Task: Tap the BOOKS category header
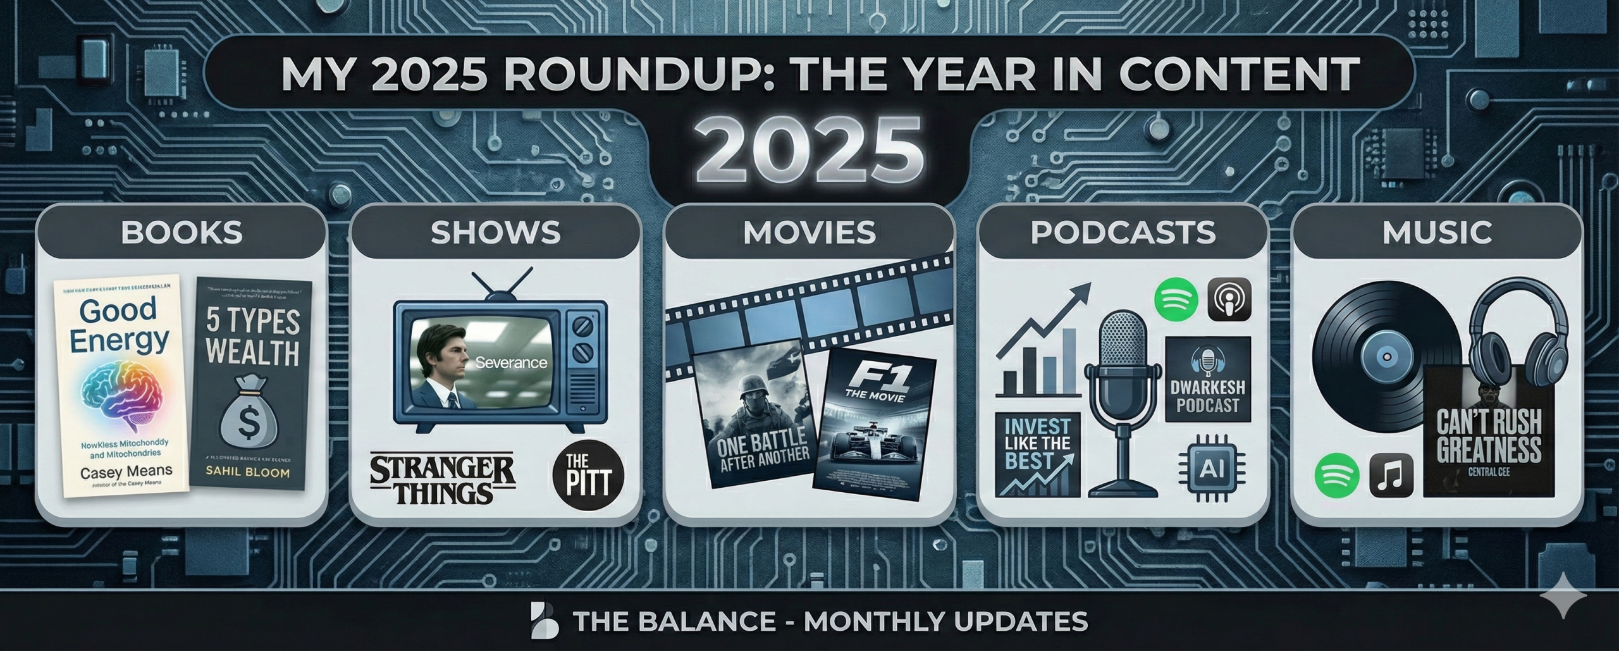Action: tap(182, 232)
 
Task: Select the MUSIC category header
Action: tap(1437, 232)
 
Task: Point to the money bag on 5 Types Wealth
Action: tap(251, 411)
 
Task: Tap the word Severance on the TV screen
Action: tap(510, 363)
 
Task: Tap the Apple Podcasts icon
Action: tap(1230, 299)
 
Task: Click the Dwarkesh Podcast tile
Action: tap(1208, 379)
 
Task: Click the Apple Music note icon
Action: tap(1391, 476)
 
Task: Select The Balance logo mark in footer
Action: tap(545, 621)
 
